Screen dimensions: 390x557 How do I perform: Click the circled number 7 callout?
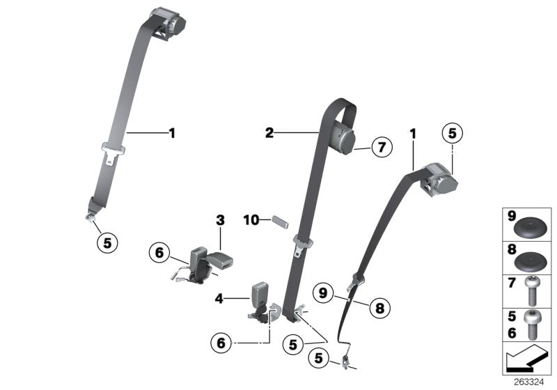pyautogui.click(x=382, y=147)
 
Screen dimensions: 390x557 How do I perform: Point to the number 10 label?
pyautogui.click(x=251, y=220)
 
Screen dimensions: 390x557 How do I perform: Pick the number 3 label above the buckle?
pyautogui.click(x=220, y=221)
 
